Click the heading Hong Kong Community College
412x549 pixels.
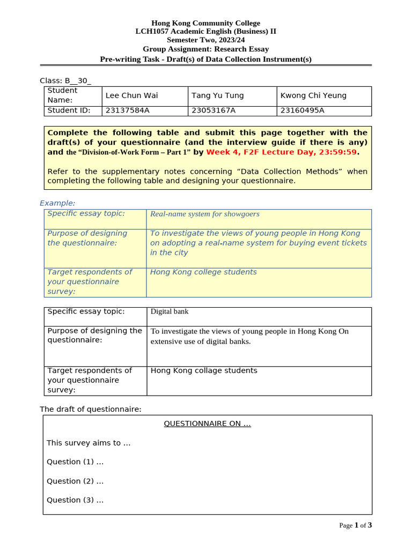pos(205,23)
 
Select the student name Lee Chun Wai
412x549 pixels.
pos(131,95)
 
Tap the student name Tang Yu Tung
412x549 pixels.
pos(217,95)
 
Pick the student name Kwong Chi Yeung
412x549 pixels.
pos(313,95)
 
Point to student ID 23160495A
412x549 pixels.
pos(303,111)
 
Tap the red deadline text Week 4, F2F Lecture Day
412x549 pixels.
pos(281,152)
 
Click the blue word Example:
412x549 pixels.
pos(57,203)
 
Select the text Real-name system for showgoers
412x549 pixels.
pos(204,214)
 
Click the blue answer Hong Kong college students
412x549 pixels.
pos(203,272)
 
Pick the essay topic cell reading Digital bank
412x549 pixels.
pos(170,311)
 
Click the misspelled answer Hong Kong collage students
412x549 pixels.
pos(204,370)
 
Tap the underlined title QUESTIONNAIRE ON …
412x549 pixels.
pos(207,424)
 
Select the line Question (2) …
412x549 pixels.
pos(75,481)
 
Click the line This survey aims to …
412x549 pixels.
pos(89,443)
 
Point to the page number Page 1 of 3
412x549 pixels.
pos(355,525)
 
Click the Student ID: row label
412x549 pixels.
pos(69,111)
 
